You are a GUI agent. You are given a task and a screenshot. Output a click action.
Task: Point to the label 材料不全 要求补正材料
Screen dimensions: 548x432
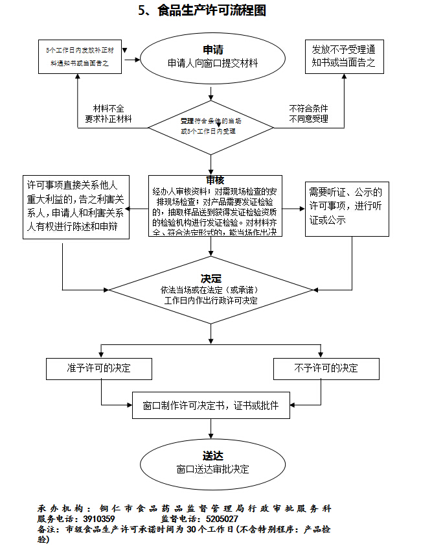click(x=108, y=113)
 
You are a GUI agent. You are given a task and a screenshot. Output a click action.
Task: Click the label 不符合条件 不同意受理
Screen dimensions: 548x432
click(x=308, y=113)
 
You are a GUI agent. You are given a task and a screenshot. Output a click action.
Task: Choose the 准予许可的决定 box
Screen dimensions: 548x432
click(x=99, y=368)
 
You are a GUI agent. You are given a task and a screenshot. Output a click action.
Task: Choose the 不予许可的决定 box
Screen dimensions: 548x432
click(x=326, y=368)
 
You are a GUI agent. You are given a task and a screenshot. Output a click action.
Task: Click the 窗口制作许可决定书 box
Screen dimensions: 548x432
click(x=211, y=406)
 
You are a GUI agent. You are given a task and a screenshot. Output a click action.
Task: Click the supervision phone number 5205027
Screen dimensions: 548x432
click(x=222, y=519)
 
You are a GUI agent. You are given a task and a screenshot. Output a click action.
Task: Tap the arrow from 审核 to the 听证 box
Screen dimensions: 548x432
click(x=293, y=209)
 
